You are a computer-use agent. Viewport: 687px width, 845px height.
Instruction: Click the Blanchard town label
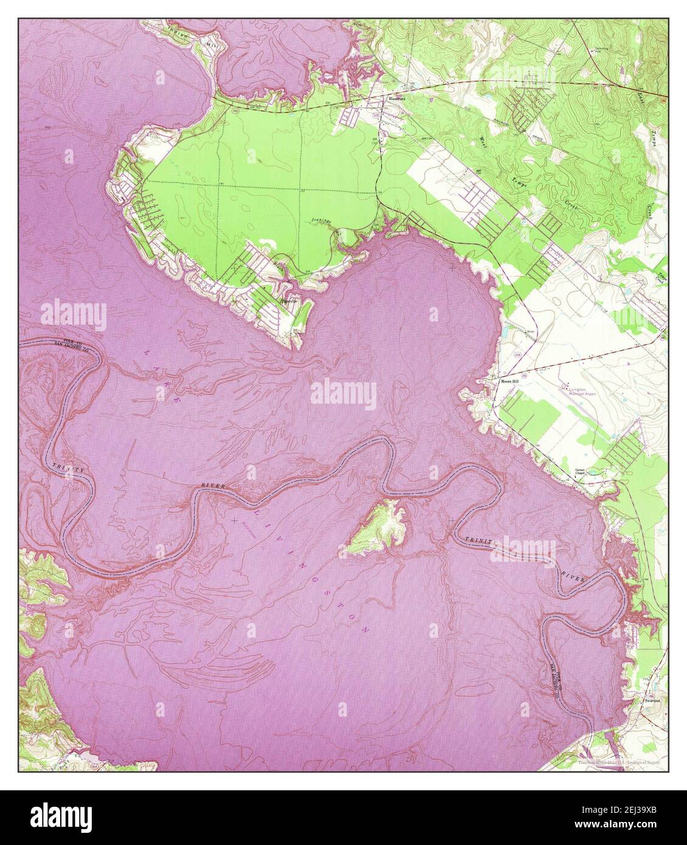pos(396,97)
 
